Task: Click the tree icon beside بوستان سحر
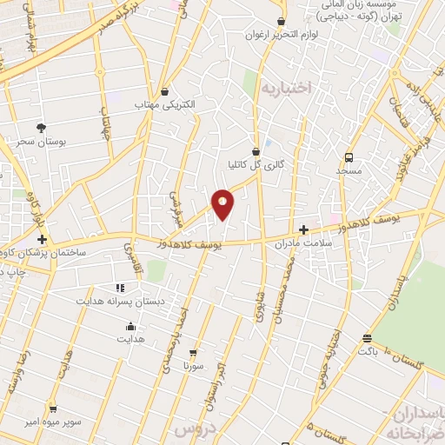click(41, 128)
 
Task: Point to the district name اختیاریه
click(287, 88)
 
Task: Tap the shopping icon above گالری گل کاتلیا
click(256, 150)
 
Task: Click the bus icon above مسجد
click(349, 157)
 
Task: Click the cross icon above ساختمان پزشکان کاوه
click(41, 238)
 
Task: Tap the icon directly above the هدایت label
click(130, 327)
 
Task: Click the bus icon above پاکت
click(368, 338)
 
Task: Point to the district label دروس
click(194, 429)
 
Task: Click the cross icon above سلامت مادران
click(303, 230)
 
